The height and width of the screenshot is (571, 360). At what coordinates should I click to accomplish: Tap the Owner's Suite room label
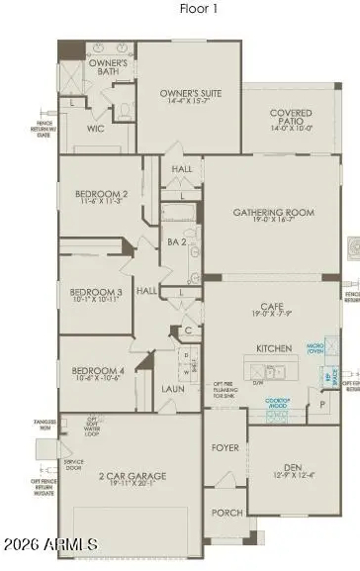pos(192,95)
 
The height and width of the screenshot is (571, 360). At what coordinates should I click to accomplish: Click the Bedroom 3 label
pos(96,293)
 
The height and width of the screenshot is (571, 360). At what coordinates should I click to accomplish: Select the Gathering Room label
pos(273,213)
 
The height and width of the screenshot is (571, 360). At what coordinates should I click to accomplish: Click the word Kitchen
pos(273,349)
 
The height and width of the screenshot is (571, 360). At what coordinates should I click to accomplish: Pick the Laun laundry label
pos(173,389)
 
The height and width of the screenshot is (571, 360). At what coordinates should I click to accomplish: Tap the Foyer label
pos(225,447)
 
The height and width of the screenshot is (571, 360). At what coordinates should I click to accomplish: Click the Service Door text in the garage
pos(74,467)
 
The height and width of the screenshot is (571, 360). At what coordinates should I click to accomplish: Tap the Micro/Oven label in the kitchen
pos(316,348)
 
